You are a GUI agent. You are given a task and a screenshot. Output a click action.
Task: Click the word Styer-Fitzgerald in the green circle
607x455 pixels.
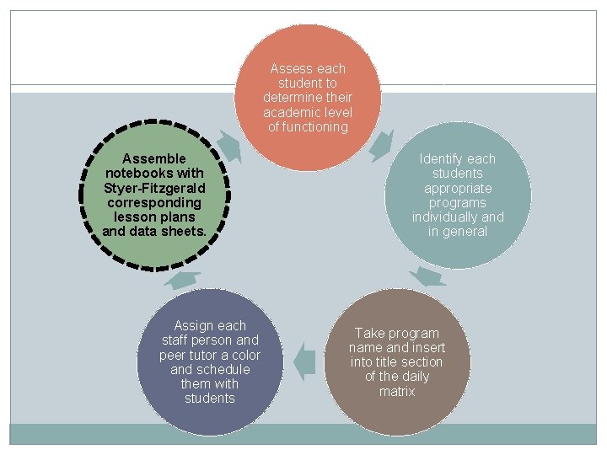coord(154,188)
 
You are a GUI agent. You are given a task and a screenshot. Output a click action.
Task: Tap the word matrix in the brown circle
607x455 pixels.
coord(397,391)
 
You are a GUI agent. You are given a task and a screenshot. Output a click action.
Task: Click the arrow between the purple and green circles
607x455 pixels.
coord(184,280)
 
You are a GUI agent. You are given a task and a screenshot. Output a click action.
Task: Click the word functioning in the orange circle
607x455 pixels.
coord(308,127)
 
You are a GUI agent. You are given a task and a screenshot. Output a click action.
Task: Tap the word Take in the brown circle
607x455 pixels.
coord(369,333)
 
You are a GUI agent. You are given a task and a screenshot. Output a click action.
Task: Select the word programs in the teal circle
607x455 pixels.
coord(458,203)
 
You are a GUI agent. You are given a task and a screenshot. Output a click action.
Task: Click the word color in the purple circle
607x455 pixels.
coord(245,355)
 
